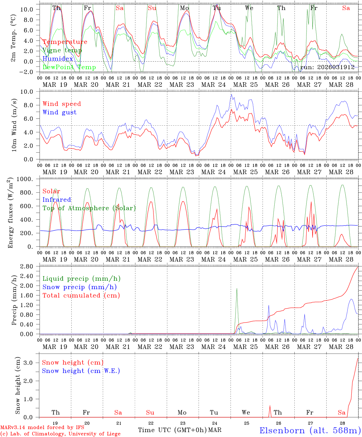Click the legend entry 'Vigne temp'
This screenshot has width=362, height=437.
coord(62,50)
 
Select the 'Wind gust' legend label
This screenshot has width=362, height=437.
coord(59,112)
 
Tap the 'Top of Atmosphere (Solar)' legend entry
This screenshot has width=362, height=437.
coord(89,208)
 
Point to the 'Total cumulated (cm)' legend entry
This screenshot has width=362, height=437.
coord(81,295)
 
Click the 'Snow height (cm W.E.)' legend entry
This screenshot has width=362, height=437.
coord(81,371)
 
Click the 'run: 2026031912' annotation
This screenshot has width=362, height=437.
coord(327,67)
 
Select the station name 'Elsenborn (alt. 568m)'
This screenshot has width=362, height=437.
coord(310,430)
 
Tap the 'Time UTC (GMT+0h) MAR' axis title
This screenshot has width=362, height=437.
coord(179,430)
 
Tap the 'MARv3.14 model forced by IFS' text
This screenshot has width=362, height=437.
coord(42,428)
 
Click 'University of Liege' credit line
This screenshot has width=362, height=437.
coord(60,434)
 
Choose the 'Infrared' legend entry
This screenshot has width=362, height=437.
coord(57,200)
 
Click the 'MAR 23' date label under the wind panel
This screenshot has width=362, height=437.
coord(182,172)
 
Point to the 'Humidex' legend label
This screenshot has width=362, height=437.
coord(58,59)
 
